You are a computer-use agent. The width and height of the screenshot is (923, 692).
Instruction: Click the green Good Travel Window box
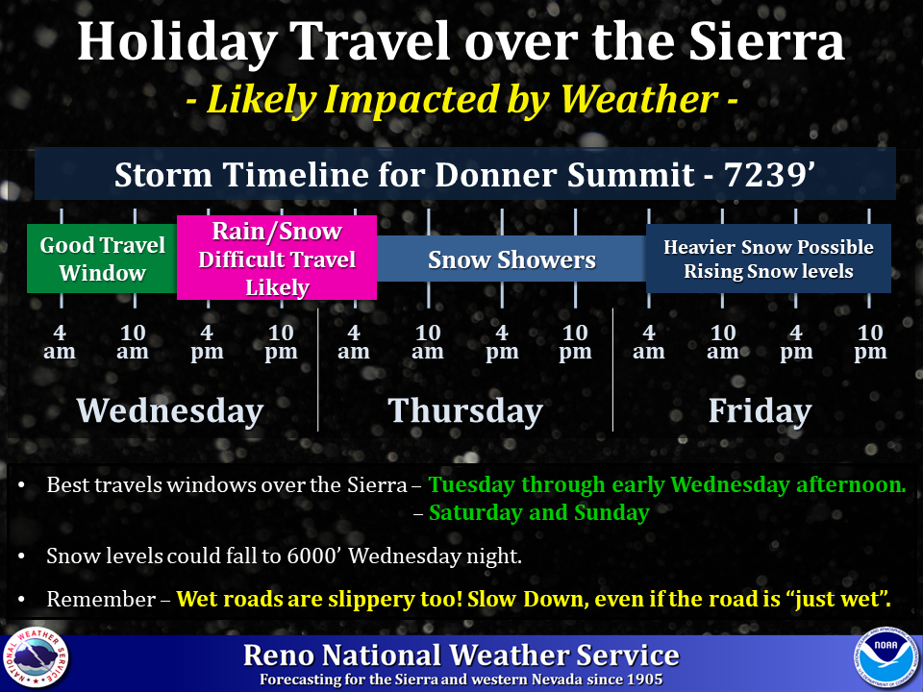click(x=102, y=259)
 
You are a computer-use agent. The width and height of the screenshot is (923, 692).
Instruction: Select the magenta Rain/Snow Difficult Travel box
click(x=277, y=258)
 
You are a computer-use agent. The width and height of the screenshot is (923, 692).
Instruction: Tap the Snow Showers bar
click(x=511, y=259)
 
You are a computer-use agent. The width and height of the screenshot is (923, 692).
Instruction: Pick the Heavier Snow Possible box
click(x=768, y=259)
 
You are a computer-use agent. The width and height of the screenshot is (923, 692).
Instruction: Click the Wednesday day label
click(x=170, y=410)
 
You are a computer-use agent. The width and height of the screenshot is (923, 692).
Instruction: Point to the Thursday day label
click(x=465, y=410)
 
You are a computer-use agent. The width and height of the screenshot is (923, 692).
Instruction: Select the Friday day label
click(x=760, y=410)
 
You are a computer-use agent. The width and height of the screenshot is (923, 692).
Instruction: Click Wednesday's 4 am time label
click(x=60, y=342)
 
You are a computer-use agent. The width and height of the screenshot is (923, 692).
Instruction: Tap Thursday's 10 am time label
click(x=428, y=342)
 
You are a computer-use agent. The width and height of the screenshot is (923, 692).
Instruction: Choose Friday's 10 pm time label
click(x=870, y=342)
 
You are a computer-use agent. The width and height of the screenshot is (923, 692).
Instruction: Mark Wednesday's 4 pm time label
click(x=207, y=342)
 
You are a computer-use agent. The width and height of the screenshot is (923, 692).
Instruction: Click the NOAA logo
click(x=886, y=656)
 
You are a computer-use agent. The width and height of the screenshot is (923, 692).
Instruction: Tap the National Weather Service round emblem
click(x=36, y=657)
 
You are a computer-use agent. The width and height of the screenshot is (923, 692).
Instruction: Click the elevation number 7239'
click(x=769, y=175)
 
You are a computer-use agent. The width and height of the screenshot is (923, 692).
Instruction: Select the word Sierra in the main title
click(x=767, y=41)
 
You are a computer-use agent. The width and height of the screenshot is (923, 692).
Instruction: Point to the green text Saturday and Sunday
click(x=538, y=512)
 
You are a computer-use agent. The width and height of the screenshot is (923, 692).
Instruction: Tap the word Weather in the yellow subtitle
click(x=638, y=99)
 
